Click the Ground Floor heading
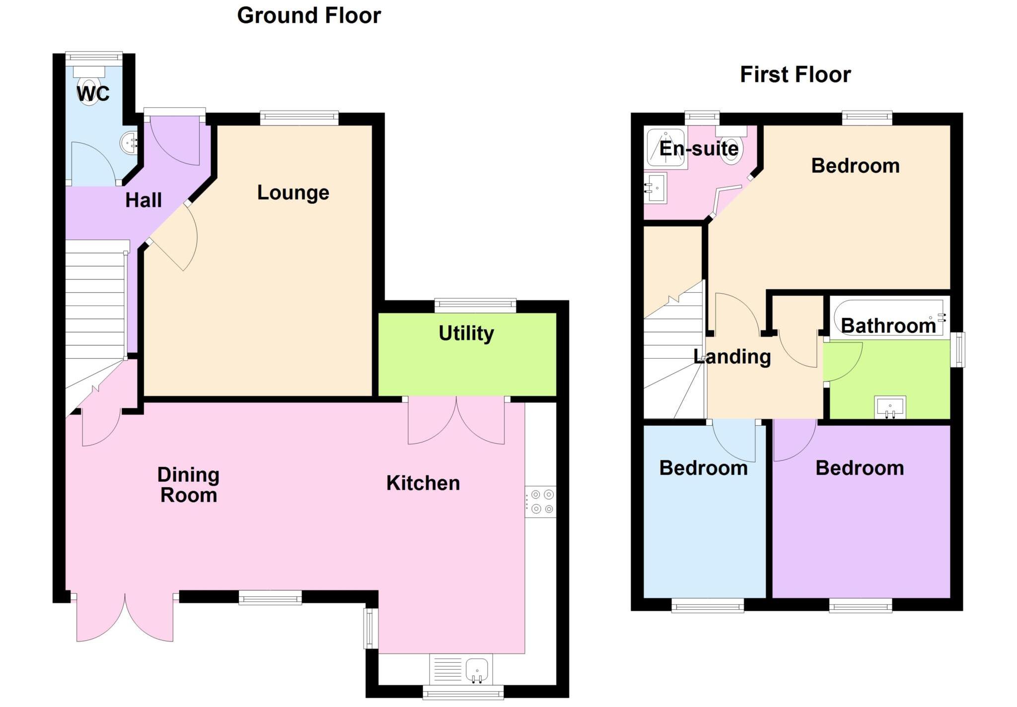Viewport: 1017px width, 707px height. [309, 15]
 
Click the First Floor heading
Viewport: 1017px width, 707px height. [795, 75]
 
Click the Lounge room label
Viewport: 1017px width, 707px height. [293, 193]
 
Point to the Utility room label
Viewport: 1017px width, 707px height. [466, 333]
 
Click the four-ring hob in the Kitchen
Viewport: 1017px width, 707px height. [541, 502]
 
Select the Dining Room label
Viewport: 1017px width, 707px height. [188, 485]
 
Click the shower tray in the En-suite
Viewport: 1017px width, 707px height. [666, 147]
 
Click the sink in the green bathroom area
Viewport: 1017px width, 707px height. [890, 407]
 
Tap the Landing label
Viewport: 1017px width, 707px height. [732, 357]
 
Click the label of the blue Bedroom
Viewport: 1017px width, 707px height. [703, 468]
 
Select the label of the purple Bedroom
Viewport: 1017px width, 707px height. [860, 468]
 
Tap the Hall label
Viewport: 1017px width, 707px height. [144, 200]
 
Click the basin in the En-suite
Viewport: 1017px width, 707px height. [656, 188]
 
